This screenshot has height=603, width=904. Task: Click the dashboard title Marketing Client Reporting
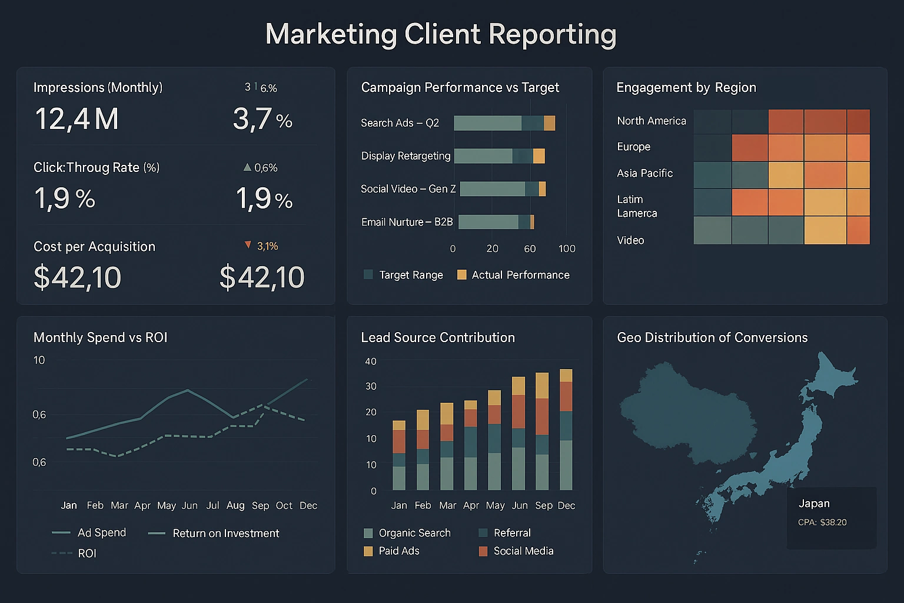440,34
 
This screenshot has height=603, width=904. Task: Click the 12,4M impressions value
77,119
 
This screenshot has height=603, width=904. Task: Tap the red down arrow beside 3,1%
248,245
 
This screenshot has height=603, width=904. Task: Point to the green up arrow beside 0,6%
247,167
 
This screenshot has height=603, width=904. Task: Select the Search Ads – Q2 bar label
400,123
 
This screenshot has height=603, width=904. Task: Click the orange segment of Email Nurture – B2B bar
532,222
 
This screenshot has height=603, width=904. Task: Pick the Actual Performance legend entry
520,275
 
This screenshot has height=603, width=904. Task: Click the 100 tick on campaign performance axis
567,249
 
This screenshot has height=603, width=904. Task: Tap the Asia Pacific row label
644,173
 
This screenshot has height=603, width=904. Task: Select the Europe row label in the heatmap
633,147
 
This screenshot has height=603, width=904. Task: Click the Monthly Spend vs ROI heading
100,337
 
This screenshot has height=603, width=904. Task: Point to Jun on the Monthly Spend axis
190,505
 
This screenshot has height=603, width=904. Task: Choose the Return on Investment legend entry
225,534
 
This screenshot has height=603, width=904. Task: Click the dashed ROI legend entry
87,554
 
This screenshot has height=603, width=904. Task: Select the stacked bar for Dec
566,430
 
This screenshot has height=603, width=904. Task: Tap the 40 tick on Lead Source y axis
370,362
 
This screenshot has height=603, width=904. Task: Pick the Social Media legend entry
523,551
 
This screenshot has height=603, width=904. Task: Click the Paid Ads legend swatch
368,551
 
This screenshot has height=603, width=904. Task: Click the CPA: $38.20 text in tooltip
822,522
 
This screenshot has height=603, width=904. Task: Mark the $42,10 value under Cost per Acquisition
77,277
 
